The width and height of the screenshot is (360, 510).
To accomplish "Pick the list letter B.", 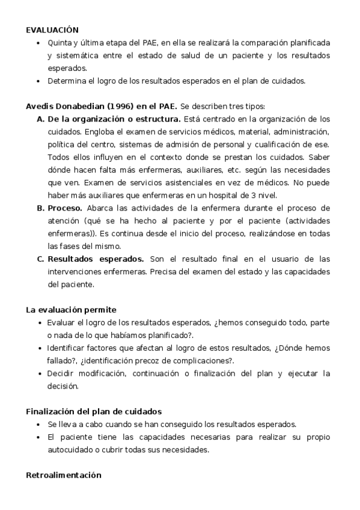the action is coord(41,208).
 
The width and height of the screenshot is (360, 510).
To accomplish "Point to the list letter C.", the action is coord(41,259).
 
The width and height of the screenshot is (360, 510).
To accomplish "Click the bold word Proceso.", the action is coord(65,208).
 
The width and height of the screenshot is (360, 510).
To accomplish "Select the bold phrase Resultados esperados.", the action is coord(96,259).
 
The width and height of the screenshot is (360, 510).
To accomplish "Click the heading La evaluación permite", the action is coord(71,310).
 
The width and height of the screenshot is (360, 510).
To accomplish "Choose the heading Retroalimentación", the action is coord(63,475).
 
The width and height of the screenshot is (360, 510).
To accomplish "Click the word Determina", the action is coord(67,81).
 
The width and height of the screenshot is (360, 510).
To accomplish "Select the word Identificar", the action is coord(68,348).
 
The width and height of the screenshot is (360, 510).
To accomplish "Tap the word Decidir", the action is coord(62,373).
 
